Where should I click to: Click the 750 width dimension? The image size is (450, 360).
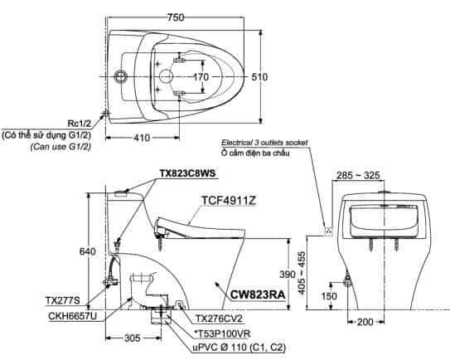tap(176, 17)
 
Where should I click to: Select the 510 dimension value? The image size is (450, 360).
tap(259, 77)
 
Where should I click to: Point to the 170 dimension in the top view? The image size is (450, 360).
tap(201, 77)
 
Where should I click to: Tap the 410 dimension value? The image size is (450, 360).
tap(142, 138)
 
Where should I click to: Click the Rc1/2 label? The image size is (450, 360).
tap(80, 124)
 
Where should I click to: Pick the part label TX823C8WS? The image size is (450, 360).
tap(187, 173)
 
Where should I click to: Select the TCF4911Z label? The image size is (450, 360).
tap(229, 201)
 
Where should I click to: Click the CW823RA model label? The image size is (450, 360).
tap(258, 294)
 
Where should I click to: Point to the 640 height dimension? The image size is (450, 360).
tap(87, 251)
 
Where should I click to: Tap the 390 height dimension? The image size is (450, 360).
tap(288, 275)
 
